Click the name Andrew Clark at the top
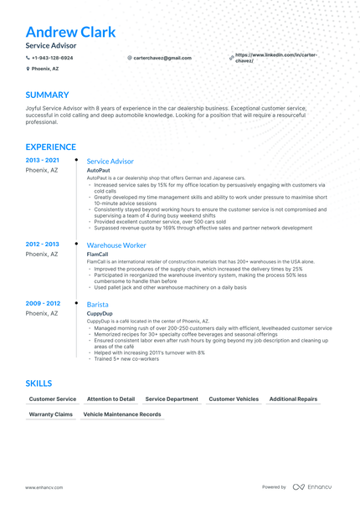70,33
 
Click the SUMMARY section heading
47,95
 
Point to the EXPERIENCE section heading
54,145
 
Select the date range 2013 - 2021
42,160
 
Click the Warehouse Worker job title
116,245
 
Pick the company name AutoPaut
98,170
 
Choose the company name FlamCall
98,254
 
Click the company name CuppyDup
100,314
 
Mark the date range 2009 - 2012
42,303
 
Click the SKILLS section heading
39,383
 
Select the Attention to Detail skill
111,399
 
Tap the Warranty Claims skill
51,414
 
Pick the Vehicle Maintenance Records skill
122,414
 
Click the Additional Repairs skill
293,399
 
